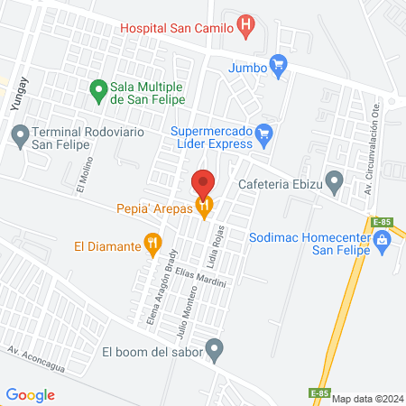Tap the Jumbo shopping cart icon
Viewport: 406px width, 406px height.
tap(277, 65)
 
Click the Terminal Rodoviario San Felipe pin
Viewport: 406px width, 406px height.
tap(19, 136)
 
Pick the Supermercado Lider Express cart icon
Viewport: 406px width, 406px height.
tap(264, 135)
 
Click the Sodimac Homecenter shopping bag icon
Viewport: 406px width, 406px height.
tap(382, 240)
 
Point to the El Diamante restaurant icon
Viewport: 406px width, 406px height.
tap(153, 243)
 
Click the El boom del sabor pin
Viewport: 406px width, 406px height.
tap(215, 348)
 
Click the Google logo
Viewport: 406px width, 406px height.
tap(30, 394)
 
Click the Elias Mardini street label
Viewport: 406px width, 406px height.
tap(200, 277)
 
